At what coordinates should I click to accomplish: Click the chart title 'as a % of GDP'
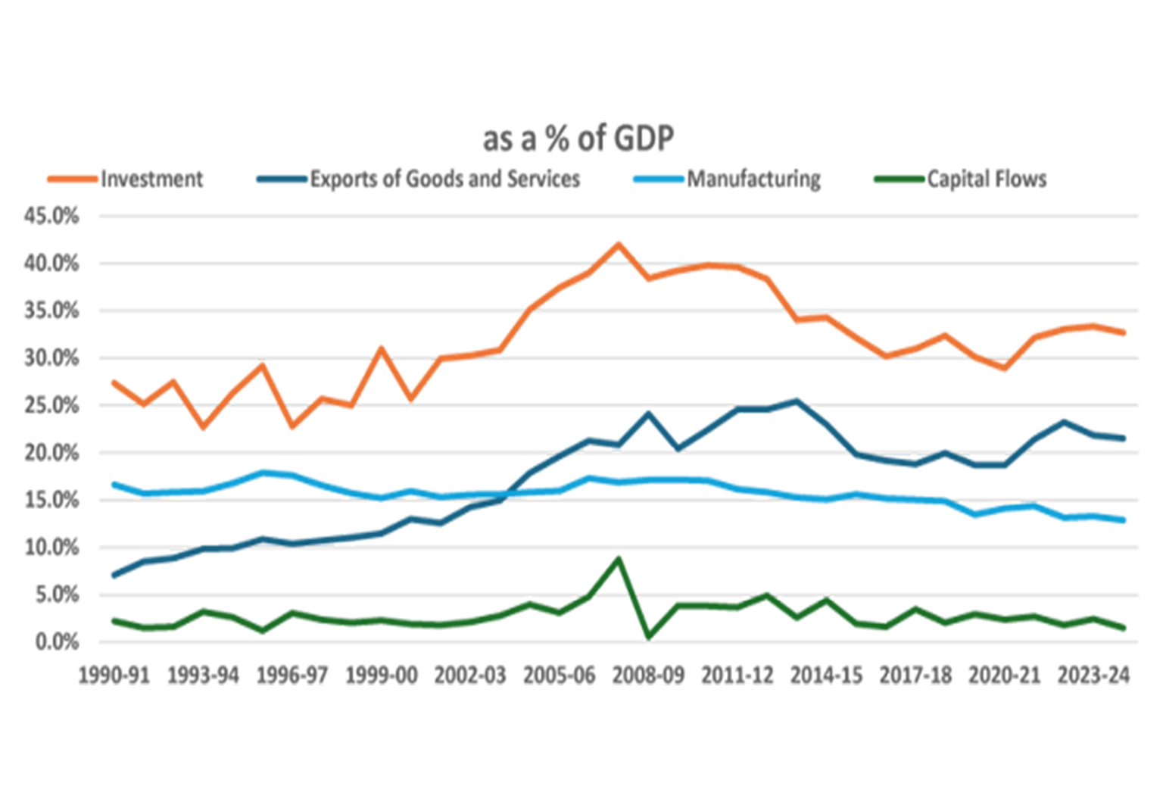point(578,139)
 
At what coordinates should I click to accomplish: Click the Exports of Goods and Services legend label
point(445,179)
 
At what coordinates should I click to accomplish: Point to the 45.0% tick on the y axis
point(51,216)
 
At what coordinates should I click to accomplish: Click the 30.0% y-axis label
point(51,358)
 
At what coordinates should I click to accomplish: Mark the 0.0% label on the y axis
point(57,642)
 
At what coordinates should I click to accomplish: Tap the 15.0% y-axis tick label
point(51,501)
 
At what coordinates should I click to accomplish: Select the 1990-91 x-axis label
point(114,676)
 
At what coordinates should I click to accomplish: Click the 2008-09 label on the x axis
point(648,676)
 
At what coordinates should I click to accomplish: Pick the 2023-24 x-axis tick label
point(1094,676)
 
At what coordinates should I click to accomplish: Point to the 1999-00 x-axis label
point(382,676)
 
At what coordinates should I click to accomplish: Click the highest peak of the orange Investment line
point(619,244)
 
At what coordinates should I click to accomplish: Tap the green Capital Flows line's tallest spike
point(619,559)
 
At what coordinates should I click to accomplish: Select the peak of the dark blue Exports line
point(797,401)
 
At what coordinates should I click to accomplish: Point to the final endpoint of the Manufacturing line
point(1124,520)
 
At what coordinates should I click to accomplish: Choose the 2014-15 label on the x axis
point(827,676)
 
